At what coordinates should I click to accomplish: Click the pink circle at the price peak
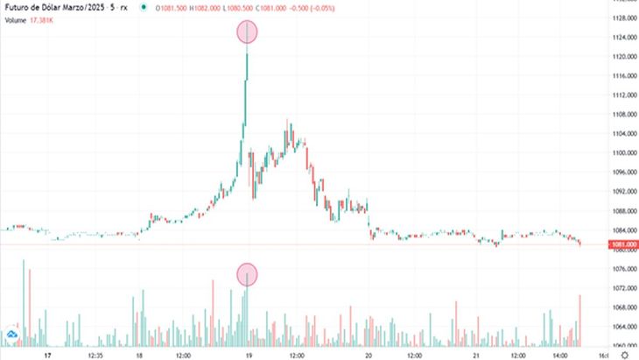[248, 32]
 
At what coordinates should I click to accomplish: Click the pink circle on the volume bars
[248, 274]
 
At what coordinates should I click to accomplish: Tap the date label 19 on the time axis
[249, 356]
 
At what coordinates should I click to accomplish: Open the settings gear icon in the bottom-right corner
[622, 356]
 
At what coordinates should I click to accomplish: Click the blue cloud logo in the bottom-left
[12, 335]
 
